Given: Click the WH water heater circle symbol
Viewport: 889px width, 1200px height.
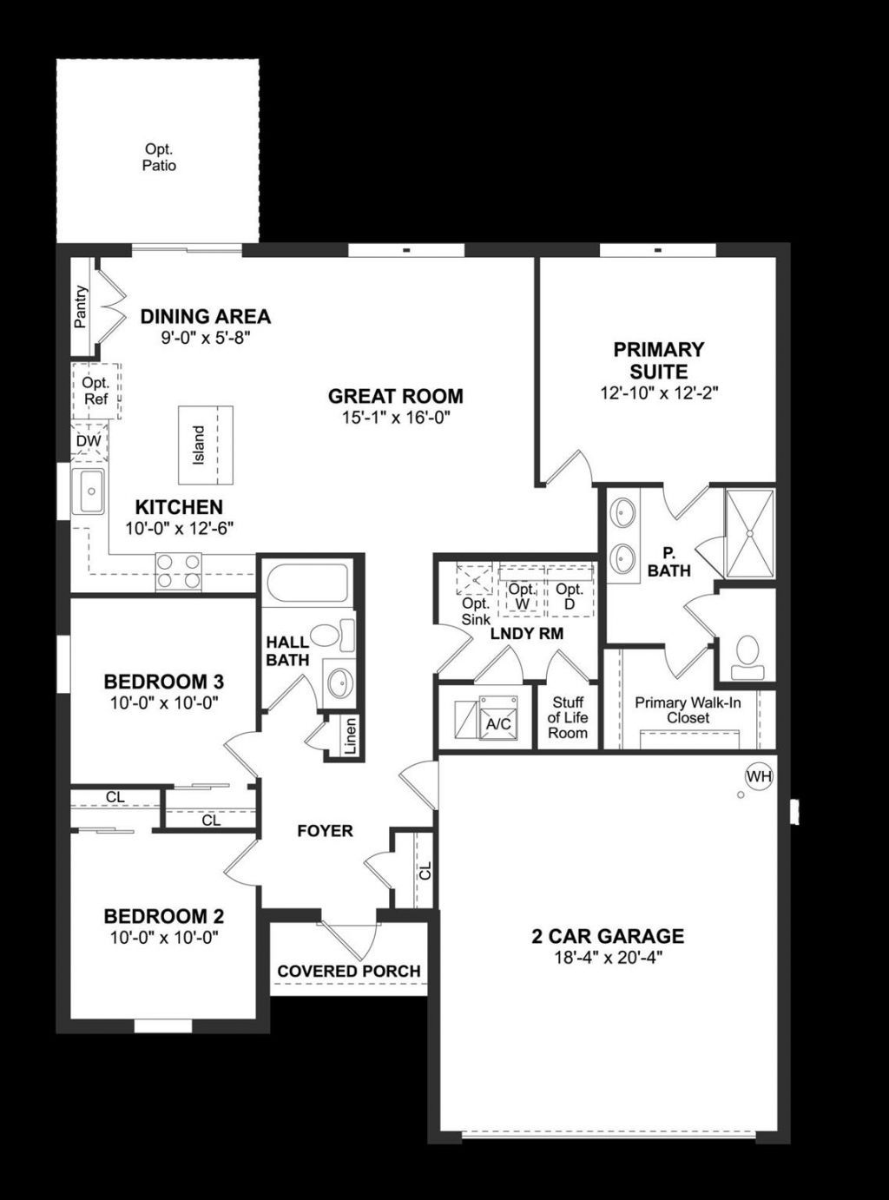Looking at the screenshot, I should pos(759,776).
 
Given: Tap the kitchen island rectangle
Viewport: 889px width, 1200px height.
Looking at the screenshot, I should pos(206,445).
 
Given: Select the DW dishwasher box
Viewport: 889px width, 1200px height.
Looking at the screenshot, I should pos(89,441).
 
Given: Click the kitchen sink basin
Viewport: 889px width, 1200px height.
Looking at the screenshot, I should pos(89,491).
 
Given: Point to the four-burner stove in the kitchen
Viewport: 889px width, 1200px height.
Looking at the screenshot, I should pos(178,571).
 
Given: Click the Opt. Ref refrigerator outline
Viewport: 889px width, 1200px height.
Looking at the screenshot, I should pos(95,390).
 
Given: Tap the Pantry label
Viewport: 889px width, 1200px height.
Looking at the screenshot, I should pos(81,307).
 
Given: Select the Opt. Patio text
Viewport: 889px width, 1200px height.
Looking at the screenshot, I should pos(159,157).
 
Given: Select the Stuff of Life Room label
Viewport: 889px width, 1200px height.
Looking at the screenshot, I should pos(567,717).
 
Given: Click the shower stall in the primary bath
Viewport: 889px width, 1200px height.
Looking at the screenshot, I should pos(749,533).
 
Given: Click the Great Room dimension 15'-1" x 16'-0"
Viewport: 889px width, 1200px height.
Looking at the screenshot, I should pos(395,418).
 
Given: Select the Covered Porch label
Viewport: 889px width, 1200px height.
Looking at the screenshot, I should pos(349,971).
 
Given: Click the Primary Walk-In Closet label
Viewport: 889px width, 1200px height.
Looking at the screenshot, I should pos(688,710).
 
